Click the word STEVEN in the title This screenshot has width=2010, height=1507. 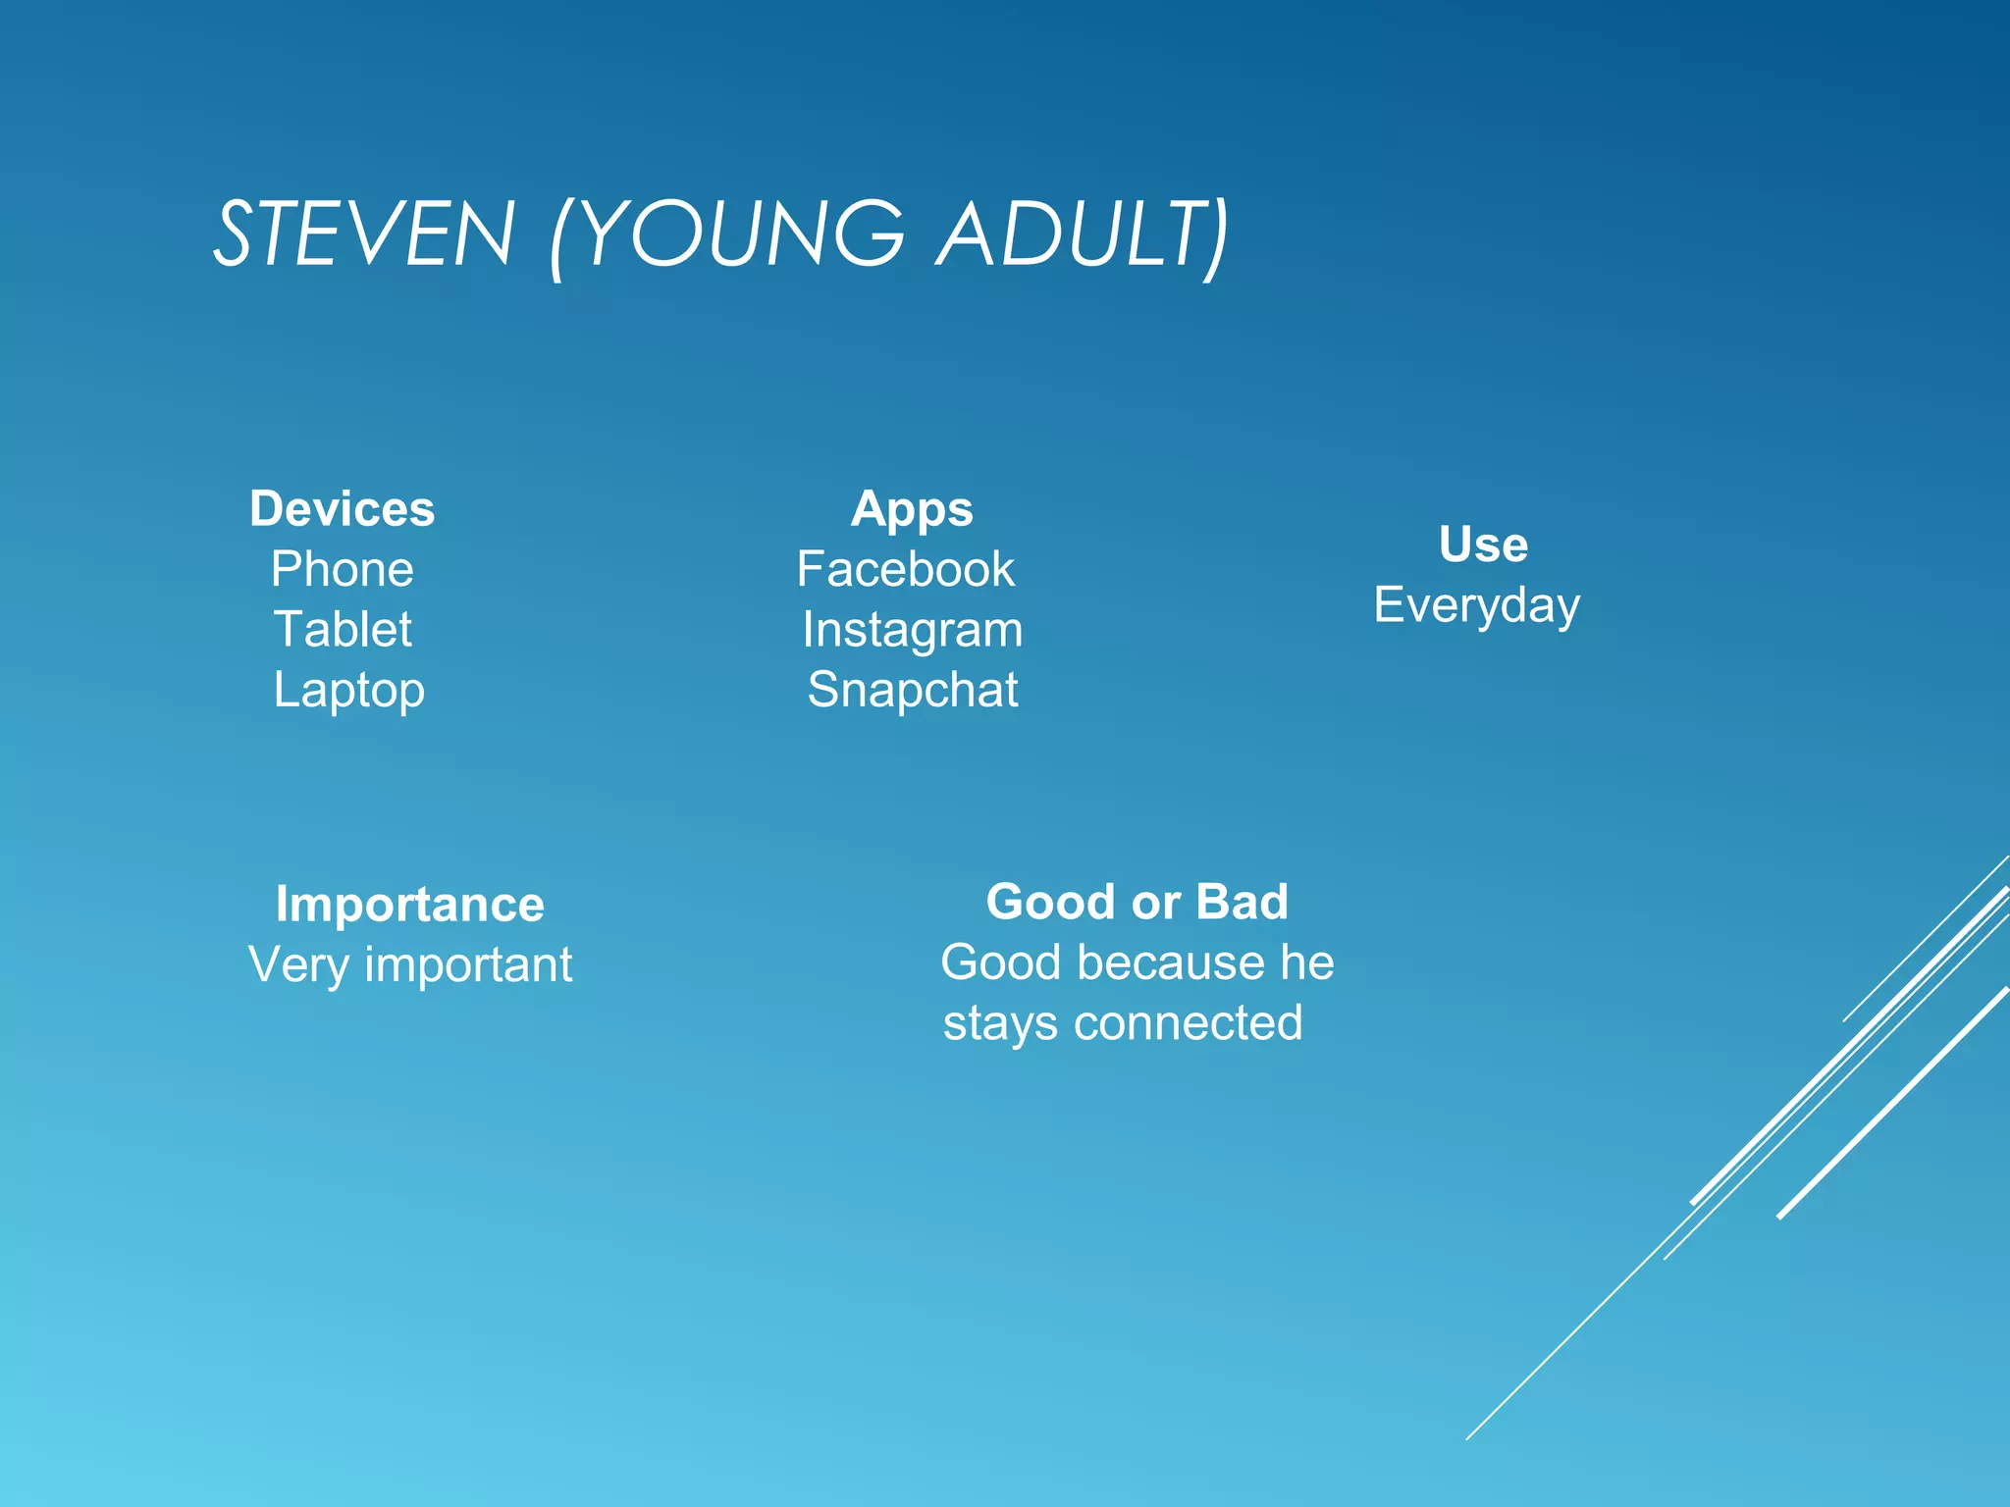point(364,234)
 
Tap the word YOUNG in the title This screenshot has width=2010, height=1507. point(746,234)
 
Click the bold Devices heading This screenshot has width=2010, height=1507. point(342,509)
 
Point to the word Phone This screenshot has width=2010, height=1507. point(342,570)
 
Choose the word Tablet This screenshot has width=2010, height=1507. point(343,630)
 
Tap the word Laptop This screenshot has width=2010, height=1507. point(348,691)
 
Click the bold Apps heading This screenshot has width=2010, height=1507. point(912,510)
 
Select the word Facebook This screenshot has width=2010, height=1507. point(905,570)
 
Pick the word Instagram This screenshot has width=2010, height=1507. point(912,631)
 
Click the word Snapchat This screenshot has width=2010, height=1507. point(912,690)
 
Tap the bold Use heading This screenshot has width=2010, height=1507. point(1483,545)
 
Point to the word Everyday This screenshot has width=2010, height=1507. point(1476,606)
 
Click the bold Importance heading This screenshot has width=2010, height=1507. point(409,905)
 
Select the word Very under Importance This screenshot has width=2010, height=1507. point(298,964)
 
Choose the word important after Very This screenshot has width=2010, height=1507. point(468,966)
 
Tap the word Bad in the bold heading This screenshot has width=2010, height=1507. point(1242,902)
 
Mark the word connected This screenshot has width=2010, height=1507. point(1188,1023)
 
